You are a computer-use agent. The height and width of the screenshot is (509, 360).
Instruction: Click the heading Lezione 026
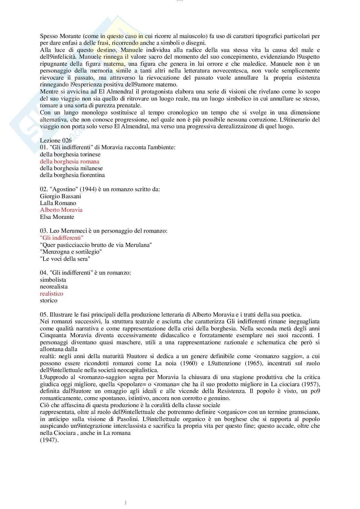[56, 141]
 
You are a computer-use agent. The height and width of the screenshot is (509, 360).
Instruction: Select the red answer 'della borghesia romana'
[70, 162]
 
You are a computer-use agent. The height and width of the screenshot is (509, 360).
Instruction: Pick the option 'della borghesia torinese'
[70, 154]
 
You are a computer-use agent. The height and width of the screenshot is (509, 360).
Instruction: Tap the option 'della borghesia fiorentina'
[72, 175]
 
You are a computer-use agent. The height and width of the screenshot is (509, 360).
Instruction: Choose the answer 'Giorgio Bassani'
[61, 196]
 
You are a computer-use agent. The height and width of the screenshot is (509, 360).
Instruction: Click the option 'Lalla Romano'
[58, 203]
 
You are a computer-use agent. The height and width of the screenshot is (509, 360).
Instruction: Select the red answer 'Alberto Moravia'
[61, 210]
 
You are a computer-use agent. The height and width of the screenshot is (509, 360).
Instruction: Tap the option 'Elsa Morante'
[57, 217]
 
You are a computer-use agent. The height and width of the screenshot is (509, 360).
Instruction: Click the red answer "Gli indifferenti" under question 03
[62, 238]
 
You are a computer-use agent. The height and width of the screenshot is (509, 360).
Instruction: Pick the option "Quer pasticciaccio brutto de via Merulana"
[96, 245]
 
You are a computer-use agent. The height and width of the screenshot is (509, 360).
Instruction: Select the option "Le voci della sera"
[65, 259]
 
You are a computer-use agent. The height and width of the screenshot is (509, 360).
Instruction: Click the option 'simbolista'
[53, 280]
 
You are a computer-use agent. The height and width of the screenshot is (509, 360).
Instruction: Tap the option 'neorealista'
[54, 287]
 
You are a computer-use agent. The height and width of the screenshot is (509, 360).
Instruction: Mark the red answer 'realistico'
[52, 294]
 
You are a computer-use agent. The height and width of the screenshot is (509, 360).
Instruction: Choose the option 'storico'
[49, 300]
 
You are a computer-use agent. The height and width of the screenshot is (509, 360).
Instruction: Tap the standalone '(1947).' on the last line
[49, 440]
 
